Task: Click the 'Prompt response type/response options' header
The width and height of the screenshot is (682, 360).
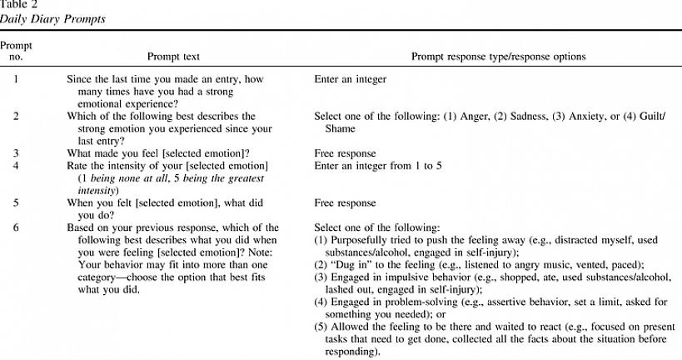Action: tap(498, 57)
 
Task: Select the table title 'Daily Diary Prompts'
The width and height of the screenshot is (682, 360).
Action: tap(52, 18)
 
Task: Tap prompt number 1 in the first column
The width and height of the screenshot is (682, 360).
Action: tap(16, 81)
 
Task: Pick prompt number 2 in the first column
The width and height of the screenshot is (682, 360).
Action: tap(16, 117)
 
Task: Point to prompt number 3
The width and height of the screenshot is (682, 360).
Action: tap(16, 153)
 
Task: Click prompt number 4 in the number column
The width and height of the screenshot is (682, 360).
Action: tap(16, 166)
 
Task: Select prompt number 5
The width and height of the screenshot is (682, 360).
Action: tap(16, 202)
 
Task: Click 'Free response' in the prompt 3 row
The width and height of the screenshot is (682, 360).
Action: tap(344, 153)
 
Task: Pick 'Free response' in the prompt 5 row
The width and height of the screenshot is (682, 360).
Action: tap(344, 202)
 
